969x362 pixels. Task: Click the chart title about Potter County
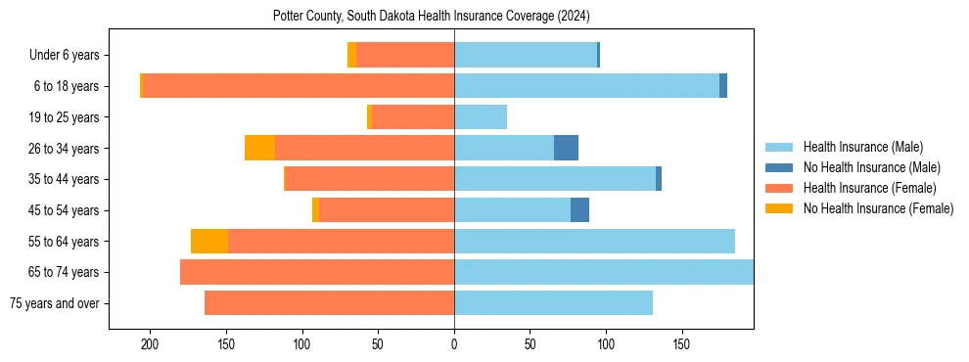431,17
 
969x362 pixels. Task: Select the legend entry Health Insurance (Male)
862,147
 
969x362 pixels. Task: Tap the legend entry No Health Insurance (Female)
878,208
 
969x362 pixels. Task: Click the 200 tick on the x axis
150,345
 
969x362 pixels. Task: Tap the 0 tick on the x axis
454,345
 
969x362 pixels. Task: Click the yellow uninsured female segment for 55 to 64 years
209,241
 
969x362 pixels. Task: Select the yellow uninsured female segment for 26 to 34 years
259,148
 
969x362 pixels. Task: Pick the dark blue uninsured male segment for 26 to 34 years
566,148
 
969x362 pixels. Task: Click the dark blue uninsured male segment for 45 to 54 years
579,210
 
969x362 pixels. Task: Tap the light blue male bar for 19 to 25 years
481,117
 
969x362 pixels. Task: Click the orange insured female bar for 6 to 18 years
299,86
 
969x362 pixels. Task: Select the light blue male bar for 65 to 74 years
603,272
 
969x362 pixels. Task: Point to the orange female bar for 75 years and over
329,303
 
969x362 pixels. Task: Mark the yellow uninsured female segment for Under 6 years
351,55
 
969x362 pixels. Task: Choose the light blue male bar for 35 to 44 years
554,179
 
